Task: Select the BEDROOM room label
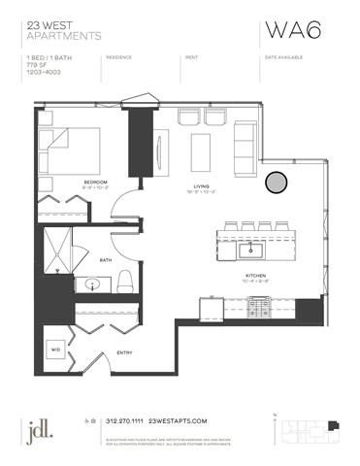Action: [94, 182]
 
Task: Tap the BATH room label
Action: [108, 258]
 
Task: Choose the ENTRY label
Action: [125, 351]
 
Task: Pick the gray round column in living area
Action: [277, 182]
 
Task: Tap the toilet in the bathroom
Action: [124, 283]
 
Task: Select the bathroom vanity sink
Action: [94, 285]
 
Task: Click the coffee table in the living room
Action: [201, 150]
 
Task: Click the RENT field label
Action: [191, 57]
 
